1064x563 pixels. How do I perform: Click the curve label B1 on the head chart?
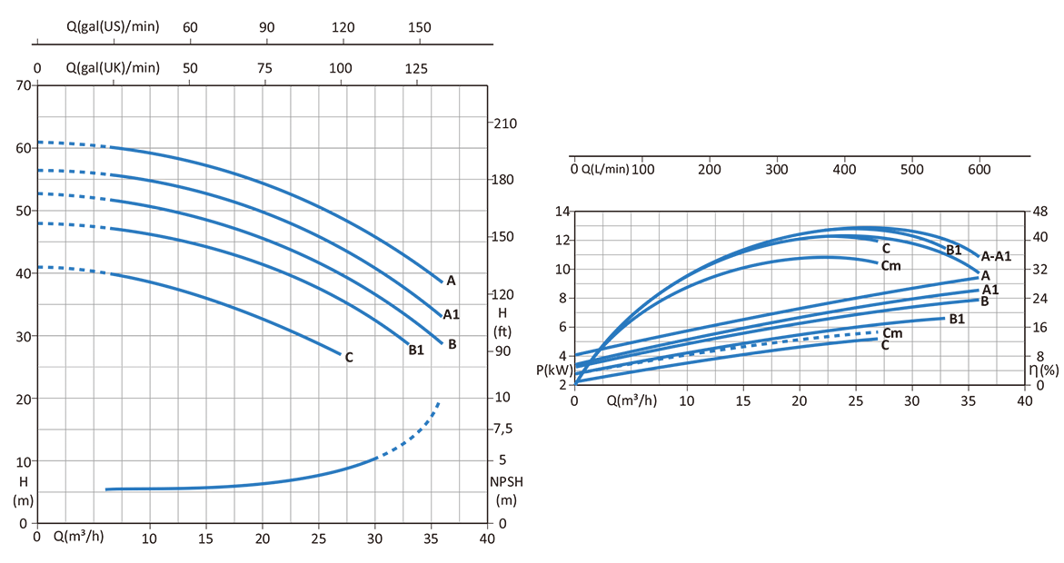click(416, 350)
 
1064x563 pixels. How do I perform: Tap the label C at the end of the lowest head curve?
click(348, 358)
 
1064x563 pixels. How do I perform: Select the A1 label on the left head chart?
click(451, 315)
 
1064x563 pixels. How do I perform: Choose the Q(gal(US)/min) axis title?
click(113, 27)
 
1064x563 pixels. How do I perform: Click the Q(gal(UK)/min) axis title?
click(113, 68)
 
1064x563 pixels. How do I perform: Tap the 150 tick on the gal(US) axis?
click(420, 27)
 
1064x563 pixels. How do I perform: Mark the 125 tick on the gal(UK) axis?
click(417, 68)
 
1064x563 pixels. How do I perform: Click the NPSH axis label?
click(505, 482)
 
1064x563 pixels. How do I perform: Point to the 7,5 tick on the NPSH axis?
click(503, 429)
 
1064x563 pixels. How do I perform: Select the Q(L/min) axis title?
click(605, 169)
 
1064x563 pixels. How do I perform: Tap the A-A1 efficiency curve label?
click(996, 257)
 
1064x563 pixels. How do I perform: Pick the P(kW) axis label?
click(554, 370)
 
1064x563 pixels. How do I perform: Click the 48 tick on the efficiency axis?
click(1040, 212)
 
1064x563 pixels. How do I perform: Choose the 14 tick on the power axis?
click(562, 212)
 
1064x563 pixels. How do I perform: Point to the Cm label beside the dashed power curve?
click(892, 333)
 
